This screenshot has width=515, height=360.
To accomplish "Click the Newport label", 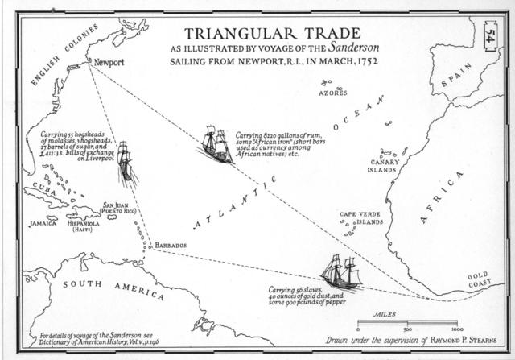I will pos(109,62).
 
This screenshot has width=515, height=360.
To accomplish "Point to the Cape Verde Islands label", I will pos(360,217).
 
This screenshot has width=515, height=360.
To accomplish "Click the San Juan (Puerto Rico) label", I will pos(119,208).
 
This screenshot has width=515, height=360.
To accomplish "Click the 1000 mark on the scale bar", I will pos(455,329).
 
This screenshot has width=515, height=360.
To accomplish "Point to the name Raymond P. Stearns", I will pos(463,339).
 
